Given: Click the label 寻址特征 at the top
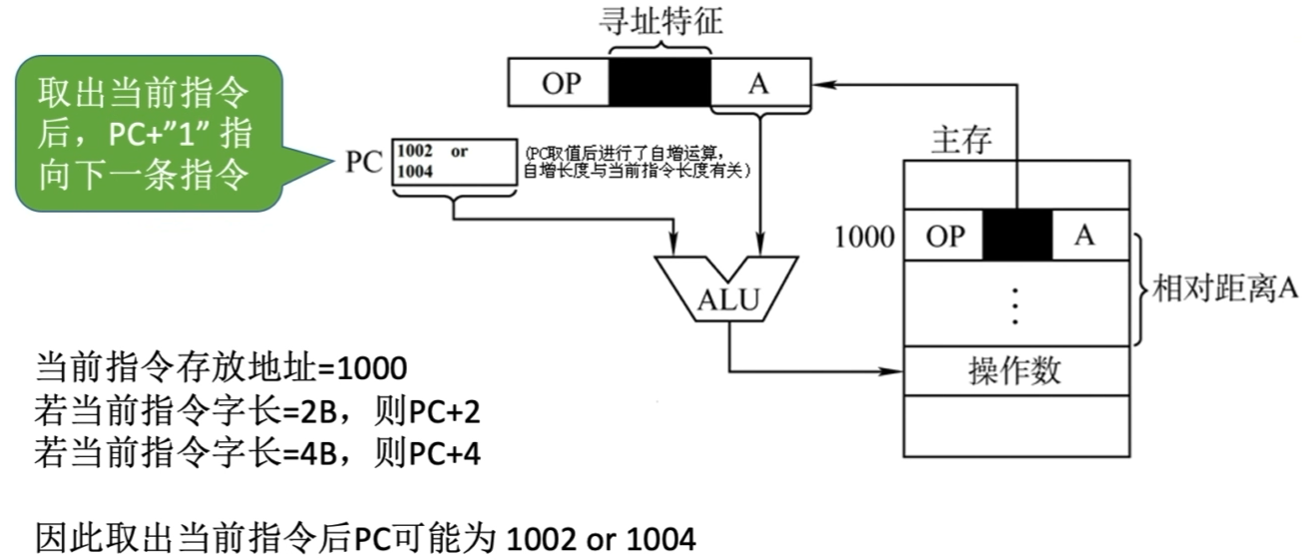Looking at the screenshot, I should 659,23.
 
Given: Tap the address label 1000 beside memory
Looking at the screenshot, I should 864,237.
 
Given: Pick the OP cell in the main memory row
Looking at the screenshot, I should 943,236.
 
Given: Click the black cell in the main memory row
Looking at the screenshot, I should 1018,236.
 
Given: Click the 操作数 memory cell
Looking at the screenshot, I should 1015,371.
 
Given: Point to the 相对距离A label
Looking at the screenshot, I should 1223,289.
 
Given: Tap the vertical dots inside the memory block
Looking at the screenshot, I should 1015,304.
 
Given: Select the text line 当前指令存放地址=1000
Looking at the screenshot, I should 220,368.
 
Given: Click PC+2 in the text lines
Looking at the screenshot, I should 445,411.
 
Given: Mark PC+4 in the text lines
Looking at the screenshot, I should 445,454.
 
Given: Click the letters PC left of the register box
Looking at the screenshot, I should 364,163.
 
